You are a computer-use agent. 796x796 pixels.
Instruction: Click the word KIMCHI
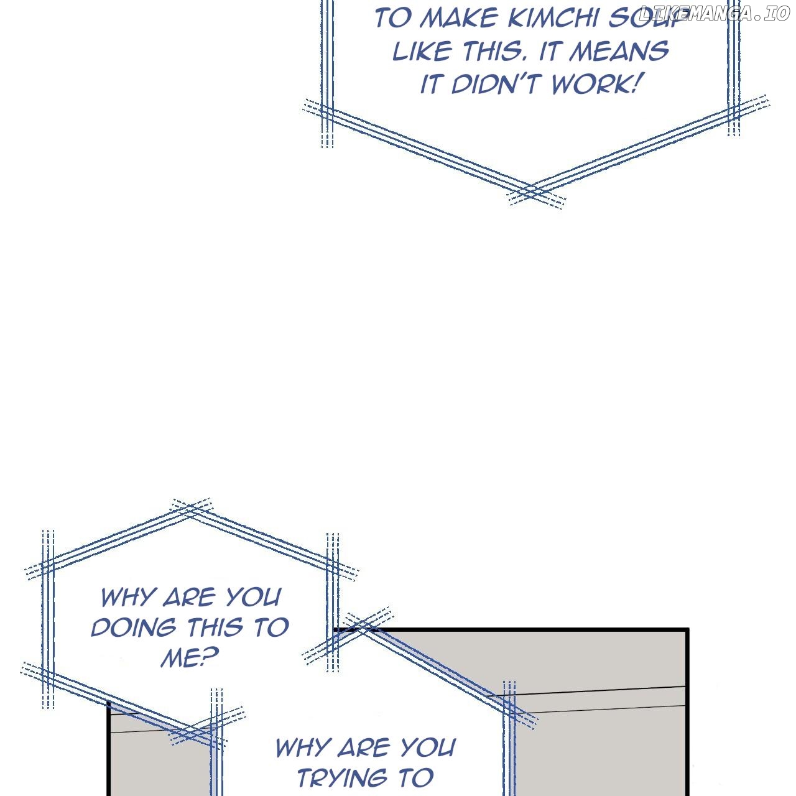553,19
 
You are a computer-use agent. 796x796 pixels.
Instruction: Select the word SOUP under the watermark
644,19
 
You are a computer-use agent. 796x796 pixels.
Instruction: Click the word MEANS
619,51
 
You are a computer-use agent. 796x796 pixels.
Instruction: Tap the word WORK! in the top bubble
593,85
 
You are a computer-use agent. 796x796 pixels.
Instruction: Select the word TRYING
343,778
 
